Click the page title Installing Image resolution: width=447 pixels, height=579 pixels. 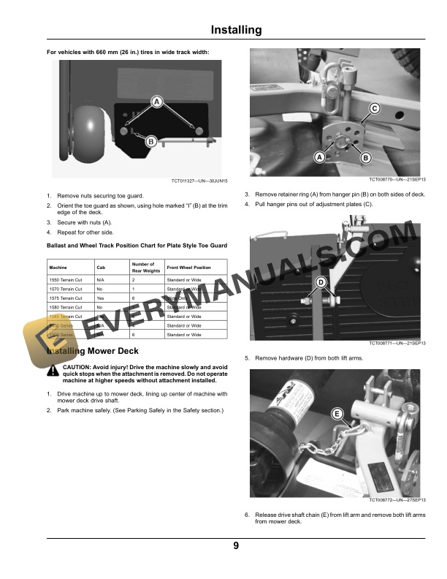pyautogui.click(x=235, y=30)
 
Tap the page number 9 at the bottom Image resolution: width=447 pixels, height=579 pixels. pyautogui.click(x=236, y=545)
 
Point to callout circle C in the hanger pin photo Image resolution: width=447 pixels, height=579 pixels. pyautogui.click(x=374, y=109)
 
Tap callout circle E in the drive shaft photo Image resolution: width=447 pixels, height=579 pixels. pyautogui.click(x=337, y=415)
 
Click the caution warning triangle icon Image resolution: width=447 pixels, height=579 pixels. pyautogui.click(x=53, y=371)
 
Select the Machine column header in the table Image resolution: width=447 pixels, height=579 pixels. pyautogui.click(x=58, y=268)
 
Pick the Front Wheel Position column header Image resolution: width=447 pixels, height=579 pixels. pyautogui.click(x=188, y=268)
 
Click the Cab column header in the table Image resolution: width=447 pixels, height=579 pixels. pyautogui.click(x=101, y=268)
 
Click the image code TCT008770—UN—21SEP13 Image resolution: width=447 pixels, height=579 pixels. pyautogui.click(x=398, y=179)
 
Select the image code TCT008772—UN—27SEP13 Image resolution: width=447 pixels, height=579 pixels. pyautogui.click(x=398, y=500)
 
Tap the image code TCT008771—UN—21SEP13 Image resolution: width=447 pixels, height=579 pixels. pyautogui.click(x=398, y=344)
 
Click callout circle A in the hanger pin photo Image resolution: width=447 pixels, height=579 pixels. pyautogui.click(x=319, y=157)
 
